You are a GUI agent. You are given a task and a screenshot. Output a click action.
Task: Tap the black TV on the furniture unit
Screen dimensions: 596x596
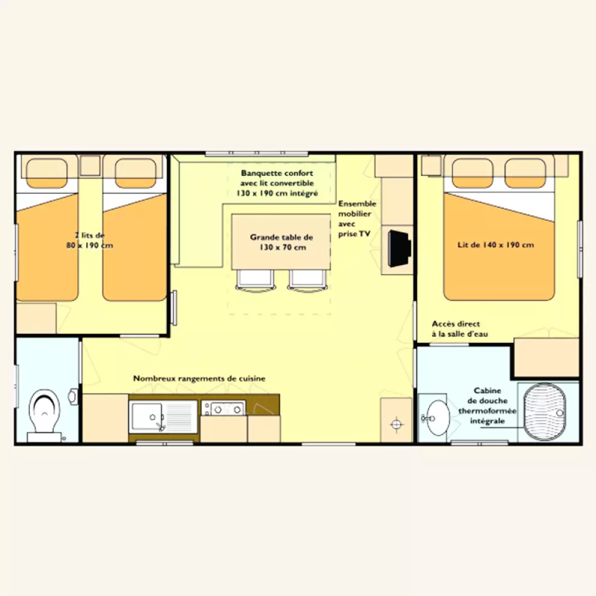pos(399,248)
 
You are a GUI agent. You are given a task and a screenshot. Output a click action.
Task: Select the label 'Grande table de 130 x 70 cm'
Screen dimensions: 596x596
pos(281,242)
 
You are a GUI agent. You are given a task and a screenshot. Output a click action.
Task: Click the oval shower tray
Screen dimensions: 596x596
pos(544,412)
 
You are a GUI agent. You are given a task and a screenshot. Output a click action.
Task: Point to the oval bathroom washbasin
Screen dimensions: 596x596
pos(438,417)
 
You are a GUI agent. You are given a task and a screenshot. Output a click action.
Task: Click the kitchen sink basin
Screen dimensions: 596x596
pos(147,417)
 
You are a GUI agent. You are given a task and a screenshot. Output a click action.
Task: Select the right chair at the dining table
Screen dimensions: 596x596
pos(307,281)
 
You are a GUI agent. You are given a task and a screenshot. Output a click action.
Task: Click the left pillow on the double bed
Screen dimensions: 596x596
pos(473,173)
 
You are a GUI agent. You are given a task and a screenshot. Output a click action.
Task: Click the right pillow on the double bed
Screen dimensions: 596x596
pos(525,173)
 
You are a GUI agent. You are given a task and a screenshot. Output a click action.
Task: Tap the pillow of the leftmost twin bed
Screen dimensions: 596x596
pos(46,173)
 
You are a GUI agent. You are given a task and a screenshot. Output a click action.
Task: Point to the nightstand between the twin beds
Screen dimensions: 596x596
pos(90,166)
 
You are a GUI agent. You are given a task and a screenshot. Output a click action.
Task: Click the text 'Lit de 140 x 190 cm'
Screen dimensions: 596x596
pos(496,245)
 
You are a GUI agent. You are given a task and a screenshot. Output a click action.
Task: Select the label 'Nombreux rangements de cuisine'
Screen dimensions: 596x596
pos(199,378)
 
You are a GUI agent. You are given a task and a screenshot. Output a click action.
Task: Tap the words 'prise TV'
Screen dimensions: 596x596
pos(354,234)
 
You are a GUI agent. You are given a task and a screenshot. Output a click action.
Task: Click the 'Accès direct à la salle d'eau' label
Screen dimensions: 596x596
pos(460,329)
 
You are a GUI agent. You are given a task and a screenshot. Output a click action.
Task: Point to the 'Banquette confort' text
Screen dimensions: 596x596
pos(277,173)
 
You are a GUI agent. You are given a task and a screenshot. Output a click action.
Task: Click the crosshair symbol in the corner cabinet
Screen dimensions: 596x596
pos(396,423)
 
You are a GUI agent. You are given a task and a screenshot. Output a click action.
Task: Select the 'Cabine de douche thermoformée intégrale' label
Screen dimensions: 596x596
pos(488,405)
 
